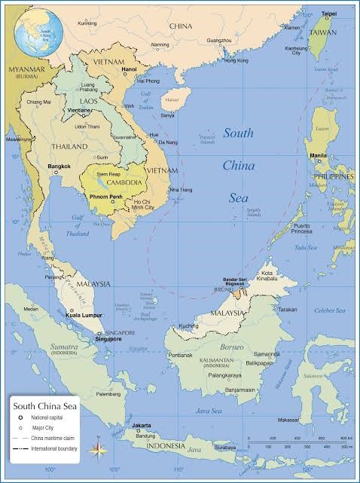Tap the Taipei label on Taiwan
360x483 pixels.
pyautogui.click(x=329, y=14)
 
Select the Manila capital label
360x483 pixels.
pyautogui.click(x=318, y=155)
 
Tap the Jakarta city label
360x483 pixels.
pyautogui.click(x=141, y=426)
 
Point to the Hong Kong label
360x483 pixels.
pyautogui.click(x=236, y=60)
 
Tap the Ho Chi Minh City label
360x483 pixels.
pyautogui.click(x=142, y=205)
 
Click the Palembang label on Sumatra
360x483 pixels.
pyautogui.click(x=108, y=393)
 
